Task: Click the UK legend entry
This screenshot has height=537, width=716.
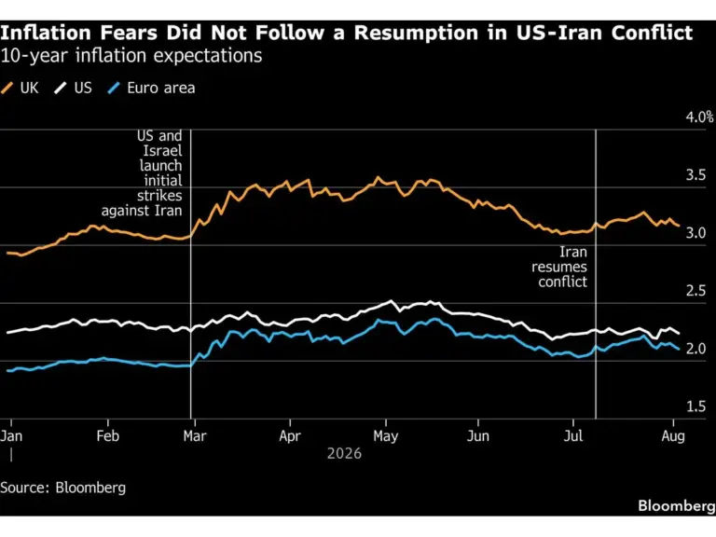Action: (21, 88)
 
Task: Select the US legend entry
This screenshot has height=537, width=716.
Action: (73, 88)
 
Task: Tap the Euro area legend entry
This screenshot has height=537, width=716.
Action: (151, 88)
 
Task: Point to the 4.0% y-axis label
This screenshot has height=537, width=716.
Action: (699, 117)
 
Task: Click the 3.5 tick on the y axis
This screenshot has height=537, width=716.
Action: (695, 175)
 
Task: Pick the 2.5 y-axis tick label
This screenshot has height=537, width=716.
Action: (695, 291)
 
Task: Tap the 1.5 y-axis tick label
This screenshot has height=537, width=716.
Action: (695, 406)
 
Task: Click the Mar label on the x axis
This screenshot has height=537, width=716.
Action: (195, 436)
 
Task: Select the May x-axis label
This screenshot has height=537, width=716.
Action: (386, 436)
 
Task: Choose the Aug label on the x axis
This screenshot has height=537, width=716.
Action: (673, 436)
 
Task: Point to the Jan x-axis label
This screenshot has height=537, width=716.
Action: (11, 436)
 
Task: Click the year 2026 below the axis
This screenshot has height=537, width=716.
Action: (344, 453)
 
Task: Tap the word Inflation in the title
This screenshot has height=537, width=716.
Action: (46, 33)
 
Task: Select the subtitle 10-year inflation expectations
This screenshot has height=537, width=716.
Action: (131, 56)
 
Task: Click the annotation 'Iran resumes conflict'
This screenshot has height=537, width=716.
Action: (559, 268)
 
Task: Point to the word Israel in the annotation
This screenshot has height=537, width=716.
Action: (162, 151)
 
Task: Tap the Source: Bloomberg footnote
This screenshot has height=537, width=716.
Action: (63, 488)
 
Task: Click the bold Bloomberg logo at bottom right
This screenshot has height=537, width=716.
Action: (677, 506)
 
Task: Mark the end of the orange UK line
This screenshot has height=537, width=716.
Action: (679, 226)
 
